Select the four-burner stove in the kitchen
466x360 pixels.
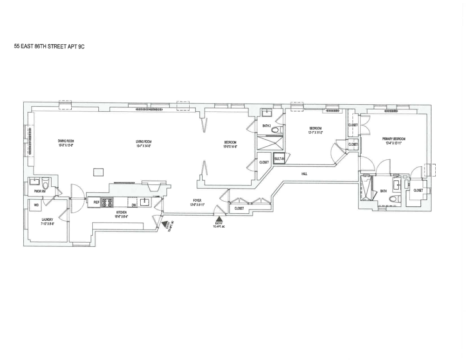pyautogui.click(x=108, y=203)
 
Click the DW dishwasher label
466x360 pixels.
pyautogui.click(x=133, y=204)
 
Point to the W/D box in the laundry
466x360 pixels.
pyautogui.click(x=36, y=204)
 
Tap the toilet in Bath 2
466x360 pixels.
pyautogui.click(x=275, y=130)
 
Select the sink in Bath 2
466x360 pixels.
pyautogui.click(x=267, y=113)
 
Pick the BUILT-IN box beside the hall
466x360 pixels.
pyautogui.click(x=279, y=159)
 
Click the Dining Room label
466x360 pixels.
pyautogui.click(x=66, y=143)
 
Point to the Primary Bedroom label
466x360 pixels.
pyautogui.click(x=394, y=141)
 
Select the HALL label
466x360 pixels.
pyautogui.click(x=304, y=174)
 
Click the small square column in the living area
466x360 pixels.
pyautogui.click(x=98, y=172)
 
